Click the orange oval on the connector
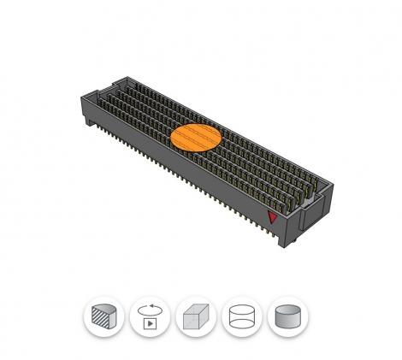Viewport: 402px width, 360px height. click(x=196, y=137)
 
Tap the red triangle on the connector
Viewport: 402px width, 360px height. click(x=273, y=216)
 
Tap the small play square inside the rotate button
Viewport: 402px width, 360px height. click(x=150, y=324)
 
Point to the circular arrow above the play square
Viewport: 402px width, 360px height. click(x=150, y=310)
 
